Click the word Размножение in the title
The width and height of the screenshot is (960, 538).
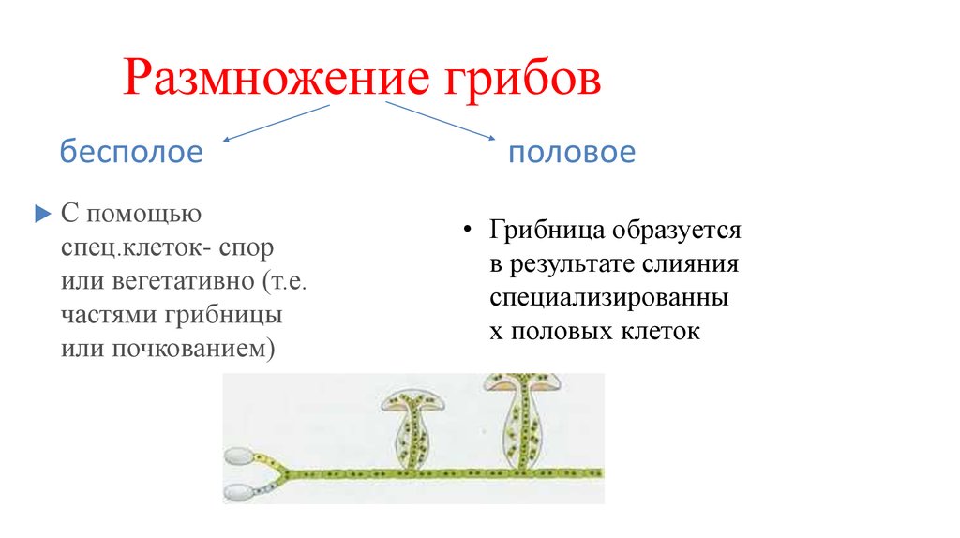tap(277, 78)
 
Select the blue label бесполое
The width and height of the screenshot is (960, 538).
tap(131, 151)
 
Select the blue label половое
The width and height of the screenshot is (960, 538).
tap(573, 152)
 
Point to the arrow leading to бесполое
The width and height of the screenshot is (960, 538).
tap(277, 123)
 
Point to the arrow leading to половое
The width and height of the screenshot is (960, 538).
tap(441, 121)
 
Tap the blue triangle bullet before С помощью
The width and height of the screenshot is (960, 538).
tap(43, 215)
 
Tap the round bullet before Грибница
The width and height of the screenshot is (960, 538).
tap(468, 230)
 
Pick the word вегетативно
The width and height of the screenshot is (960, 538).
tap(183, 281)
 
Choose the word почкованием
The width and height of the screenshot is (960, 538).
tap(194, 349)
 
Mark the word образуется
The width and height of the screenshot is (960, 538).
tap(677, 232)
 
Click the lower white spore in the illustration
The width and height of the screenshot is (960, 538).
tap(238, 491)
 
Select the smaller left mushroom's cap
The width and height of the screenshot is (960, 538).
tap(412, 400)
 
